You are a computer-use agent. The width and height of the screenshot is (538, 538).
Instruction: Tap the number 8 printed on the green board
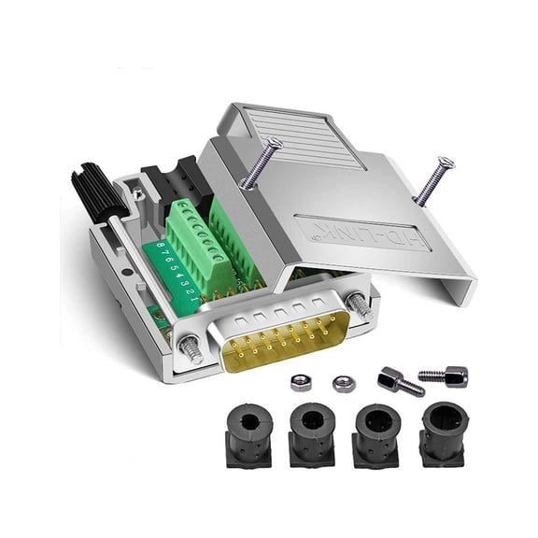(x=161, y=248)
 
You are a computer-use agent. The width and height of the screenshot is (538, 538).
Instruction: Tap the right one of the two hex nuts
(x=341, y=382)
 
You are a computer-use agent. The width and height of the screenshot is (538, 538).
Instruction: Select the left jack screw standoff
(x=400, y=382)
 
